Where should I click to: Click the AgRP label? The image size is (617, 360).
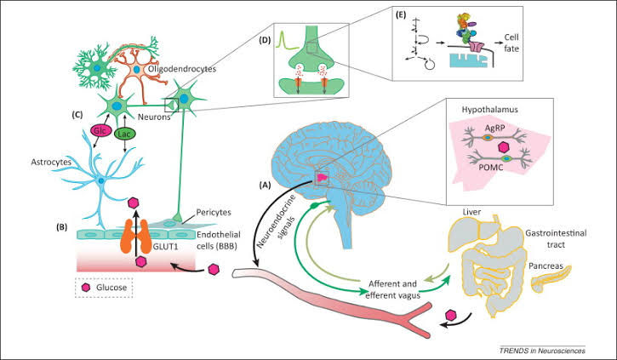click(x=496, y=124)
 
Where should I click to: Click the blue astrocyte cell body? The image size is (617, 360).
click(x=100, y=181)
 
